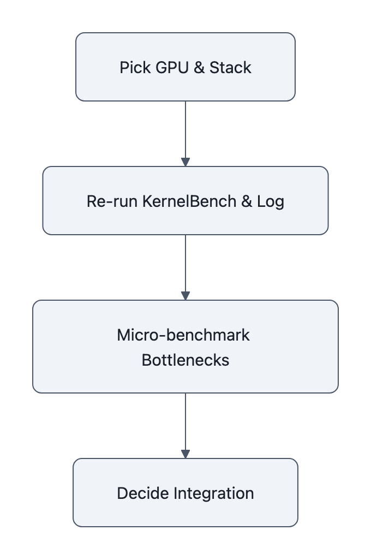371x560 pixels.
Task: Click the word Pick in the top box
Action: [x=131, y=68]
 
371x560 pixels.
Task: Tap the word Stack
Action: [x=230, y=68]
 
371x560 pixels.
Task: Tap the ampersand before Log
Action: [x=247, y=201]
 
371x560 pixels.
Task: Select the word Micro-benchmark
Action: [x=183, y=335]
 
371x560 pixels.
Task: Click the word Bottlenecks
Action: [x=185, y=360]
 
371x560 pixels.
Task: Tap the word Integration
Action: [x=214, y=493]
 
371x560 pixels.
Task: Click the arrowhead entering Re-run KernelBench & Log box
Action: [x=185, y=162]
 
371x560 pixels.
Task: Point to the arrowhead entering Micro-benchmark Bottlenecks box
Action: [x=185, y=296]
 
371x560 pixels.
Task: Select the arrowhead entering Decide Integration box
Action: [x=185, y=454]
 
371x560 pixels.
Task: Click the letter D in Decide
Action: [x=122, y=493]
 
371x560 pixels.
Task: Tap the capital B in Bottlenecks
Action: [x=146, y=360]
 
